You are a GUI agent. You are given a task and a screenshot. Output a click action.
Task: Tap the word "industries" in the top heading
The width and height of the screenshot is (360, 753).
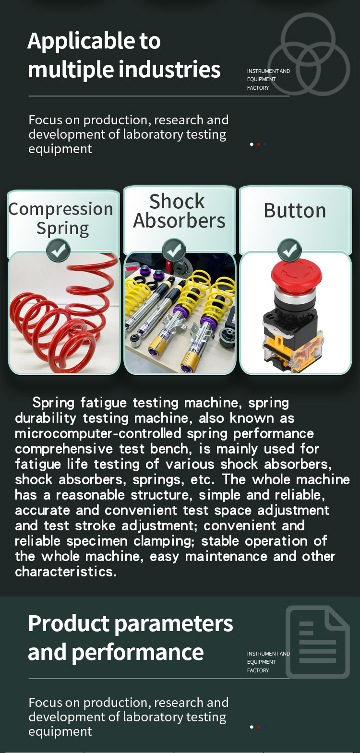[169, 69]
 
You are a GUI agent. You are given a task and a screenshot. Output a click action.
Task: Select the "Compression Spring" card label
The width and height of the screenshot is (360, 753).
[61, 218]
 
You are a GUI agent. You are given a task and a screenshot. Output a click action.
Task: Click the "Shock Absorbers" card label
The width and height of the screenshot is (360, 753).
[179, 211]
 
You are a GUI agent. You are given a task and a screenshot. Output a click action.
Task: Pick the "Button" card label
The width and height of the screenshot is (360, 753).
[295, 210]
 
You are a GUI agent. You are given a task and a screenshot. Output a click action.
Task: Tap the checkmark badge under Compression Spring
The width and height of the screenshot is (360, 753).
[58, 251]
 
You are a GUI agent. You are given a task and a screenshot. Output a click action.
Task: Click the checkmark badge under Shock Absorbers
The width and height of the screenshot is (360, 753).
[174, 251]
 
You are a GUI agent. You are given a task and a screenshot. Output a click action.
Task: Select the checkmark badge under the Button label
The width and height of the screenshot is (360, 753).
[289, 251]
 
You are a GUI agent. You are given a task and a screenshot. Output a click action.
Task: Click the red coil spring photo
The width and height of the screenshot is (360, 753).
[64, 312]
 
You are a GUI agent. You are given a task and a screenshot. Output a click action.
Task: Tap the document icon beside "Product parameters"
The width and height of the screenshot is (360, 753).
[318, 642]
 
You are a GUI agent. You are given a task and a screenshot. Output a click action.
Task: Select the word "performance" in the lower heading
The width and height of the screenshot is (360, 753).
[137, 653]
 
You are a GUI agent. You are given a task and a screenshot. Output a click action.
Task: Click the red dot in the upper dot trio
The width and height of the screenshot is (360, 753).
[259, 144]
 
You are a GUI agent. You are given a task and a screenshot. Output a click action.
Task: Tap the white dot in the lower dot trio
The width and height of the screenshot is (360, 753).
[252, 727]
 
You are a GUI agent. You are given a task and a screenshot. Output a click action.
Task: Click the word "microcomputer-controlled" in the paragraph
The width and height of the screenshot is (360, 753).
[98, 433]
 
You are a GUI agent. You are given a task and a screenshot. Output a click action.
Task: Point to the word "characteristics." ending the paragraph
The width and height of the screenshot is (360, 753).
[66, 572]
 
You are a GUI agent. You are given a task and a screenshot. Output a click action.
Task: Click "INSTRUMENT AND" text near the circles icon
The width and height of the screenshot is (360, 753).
[268, 71]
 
